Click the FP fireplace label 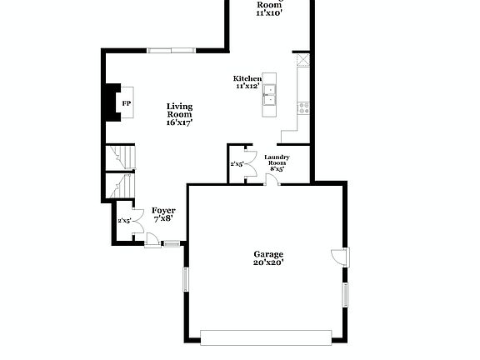[x=127, y=102]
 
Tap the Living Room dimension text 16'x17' [x=179, y=122]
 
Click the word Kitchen [x=247, y=78]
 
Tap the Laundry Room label [x=277, y=160]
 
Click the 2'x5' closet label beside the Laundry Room [x=237, y=164]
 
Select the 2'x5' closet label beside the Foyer [x=124, y=220]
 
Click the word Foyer [x=163, y=211]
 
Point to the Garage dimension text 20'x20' [x=268, y=262]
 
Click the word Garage [x=268, y=254]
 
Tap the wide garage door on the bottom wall [x=265, y=337]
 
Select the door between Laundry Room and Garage [x=268, y=180]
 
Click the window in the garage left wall [x=187, y=278]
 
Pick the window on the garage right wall [x=346, y=295]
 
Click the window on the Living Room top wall [x=173, y=51]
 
